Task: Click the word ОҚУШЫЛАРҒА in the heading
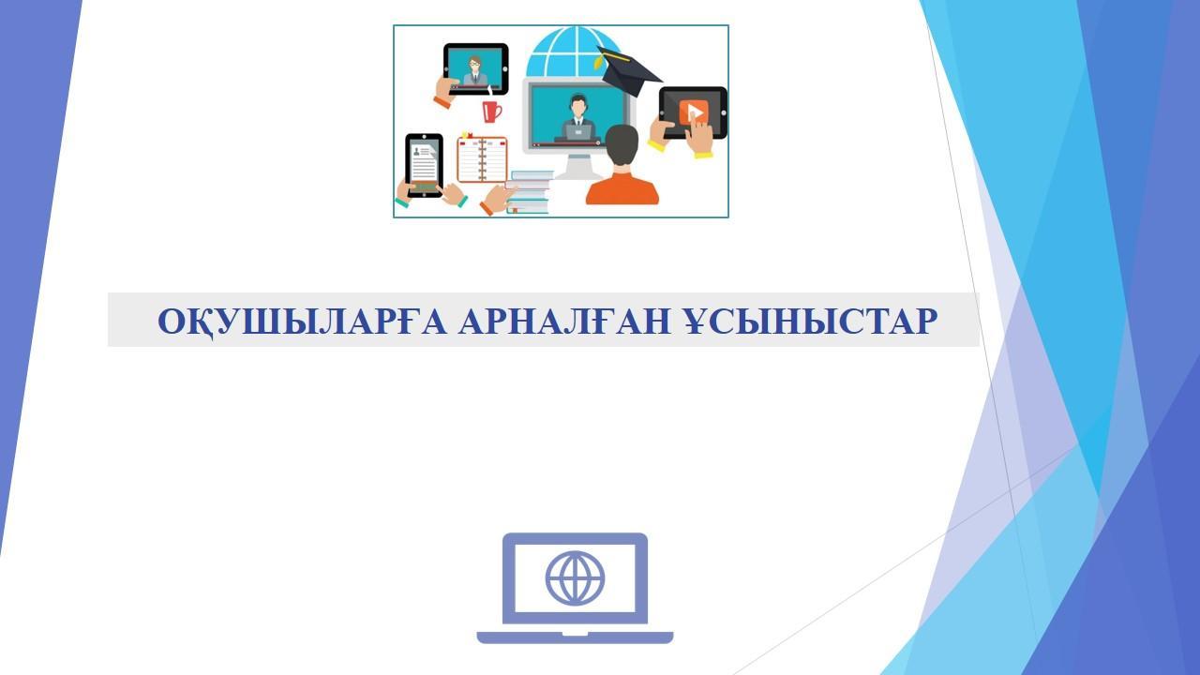(x=302, y=322)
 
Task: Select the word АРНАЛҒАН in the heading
(x=564, y=322)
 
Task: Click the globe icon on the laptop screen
(x=575, y=578)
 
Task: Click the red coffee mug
(x=490, y=112)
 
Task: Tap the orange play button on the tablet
(x=693, y=112)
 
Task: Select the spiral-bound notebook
(x=482, y=159)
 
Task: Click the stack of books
(x=529, y=192)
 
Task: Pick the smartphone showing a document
(x=425, y=165)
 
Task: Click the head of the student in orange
(x=622, y=145)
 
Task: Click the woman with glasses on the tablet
(x=474, y=70)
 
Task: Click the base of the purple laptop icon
(x=575, y=637)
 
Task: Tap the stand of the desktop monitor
(x=577, y=166)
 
